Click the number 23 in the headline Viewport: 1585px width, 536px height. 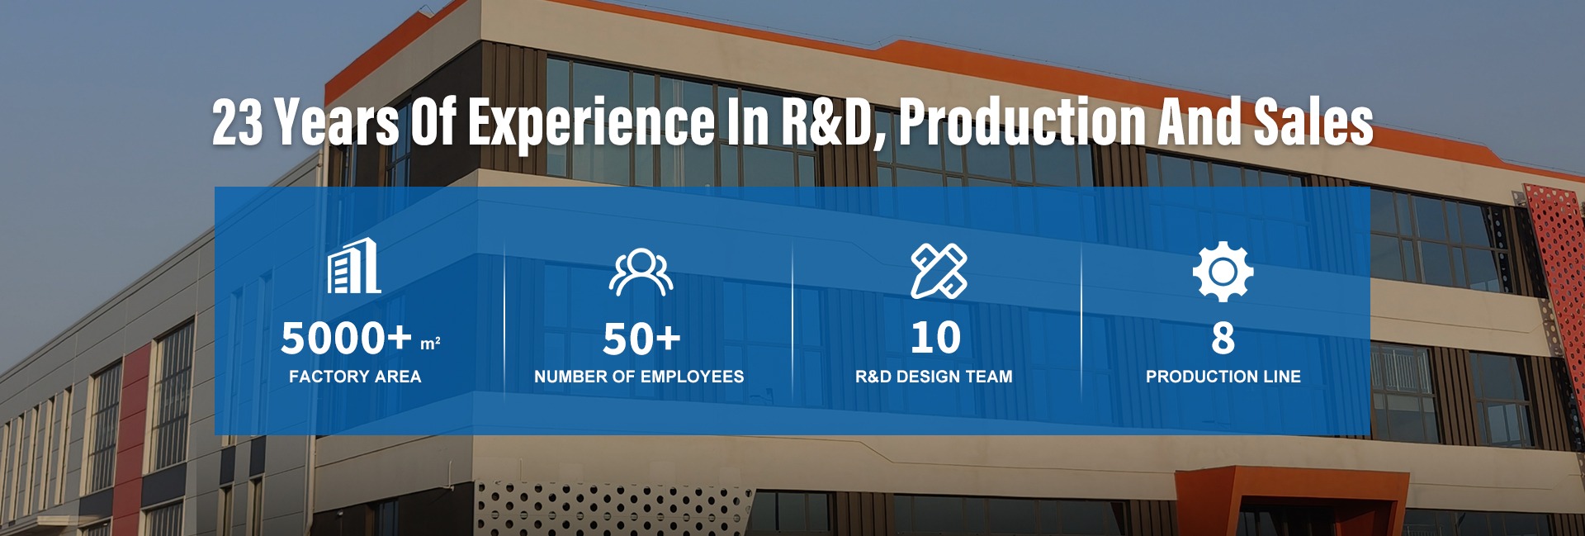(238, 122)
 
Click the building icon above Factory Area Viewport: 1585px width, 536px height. (354, 265)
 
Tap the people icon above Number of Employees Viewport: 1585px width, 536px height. (641, 273)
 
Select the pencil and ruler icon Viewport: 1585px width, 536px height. (939, 271)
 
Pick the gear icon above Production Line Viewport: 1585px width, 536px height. (1223, 272)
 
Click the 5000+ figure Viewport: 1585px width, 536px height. (346, 338)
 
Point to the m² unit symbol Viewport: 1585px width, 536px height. (430, 344)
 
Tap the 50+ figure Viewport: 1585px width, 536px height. (641, 339)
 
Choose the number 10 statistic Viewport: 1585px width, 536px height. (935, 338)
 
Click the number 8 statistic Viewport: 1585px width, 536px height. (1223, 338)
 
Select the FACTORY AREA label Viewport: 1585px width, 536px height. (355, 377)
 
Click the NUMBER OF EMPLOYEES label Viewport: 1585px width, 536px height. (639, 377)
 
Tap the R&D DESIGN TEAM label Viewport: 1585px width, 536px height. (934, 377)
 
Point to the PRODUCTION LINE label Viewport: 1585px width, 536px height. (1223, 377)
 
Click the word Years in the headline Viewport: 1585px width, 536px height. (337, 122)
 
